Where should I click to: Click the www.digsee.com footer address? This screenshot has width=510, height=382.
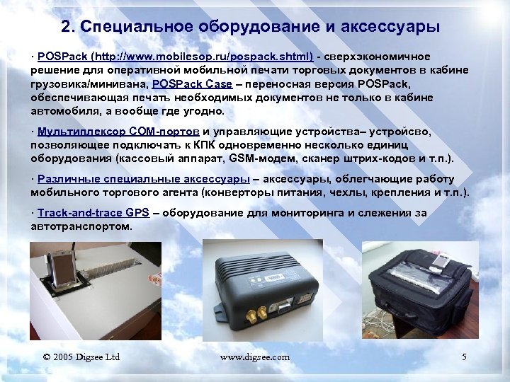254,357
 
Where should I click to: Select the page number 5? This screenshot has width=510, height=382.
464,357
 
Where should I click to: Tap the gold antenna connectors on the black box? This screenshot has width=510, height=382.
259,311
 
